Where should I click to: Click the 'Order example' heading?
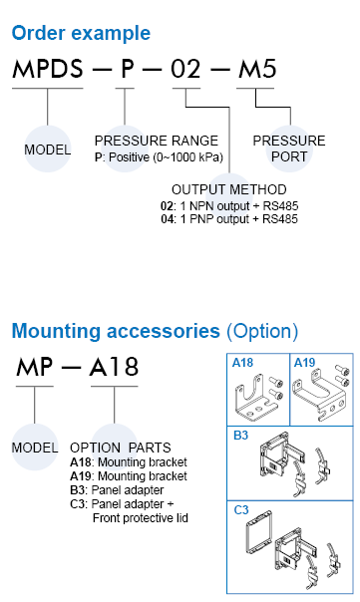(81, 34)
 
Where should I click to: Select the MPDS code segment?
(48, 69)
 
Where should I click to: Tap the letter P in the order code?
(128, 69)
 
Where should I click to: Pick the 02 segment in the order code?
(185, 69)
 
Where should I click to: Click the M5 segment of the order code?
(257, 69)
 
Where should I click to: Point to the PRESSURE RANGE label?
(157, 141)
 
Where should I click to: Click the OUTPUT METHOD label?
(229, 189)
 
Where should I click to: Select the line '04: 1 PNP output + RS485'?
(229, 219)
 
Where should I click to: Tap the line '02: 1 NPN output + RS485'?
(229, 205)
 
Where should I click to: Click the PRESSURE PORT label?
(289, 149)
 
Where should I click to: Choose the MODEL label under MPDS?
(48, 150)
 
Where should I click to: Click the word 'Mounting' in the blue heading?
(56, 332)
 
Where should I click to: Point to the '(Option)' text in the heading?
(262, 331)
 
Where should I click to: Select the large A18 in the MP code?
(114, 367)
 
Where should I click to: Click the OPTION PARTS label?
(121, 448)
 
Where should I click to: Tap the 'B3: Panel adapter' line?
(117, 490)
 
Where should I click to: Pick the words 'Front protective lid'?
(141, 518)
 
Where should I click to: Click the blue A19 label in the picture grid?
(304, 363)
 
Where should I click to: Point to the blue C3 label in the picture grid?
(241, 510)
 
